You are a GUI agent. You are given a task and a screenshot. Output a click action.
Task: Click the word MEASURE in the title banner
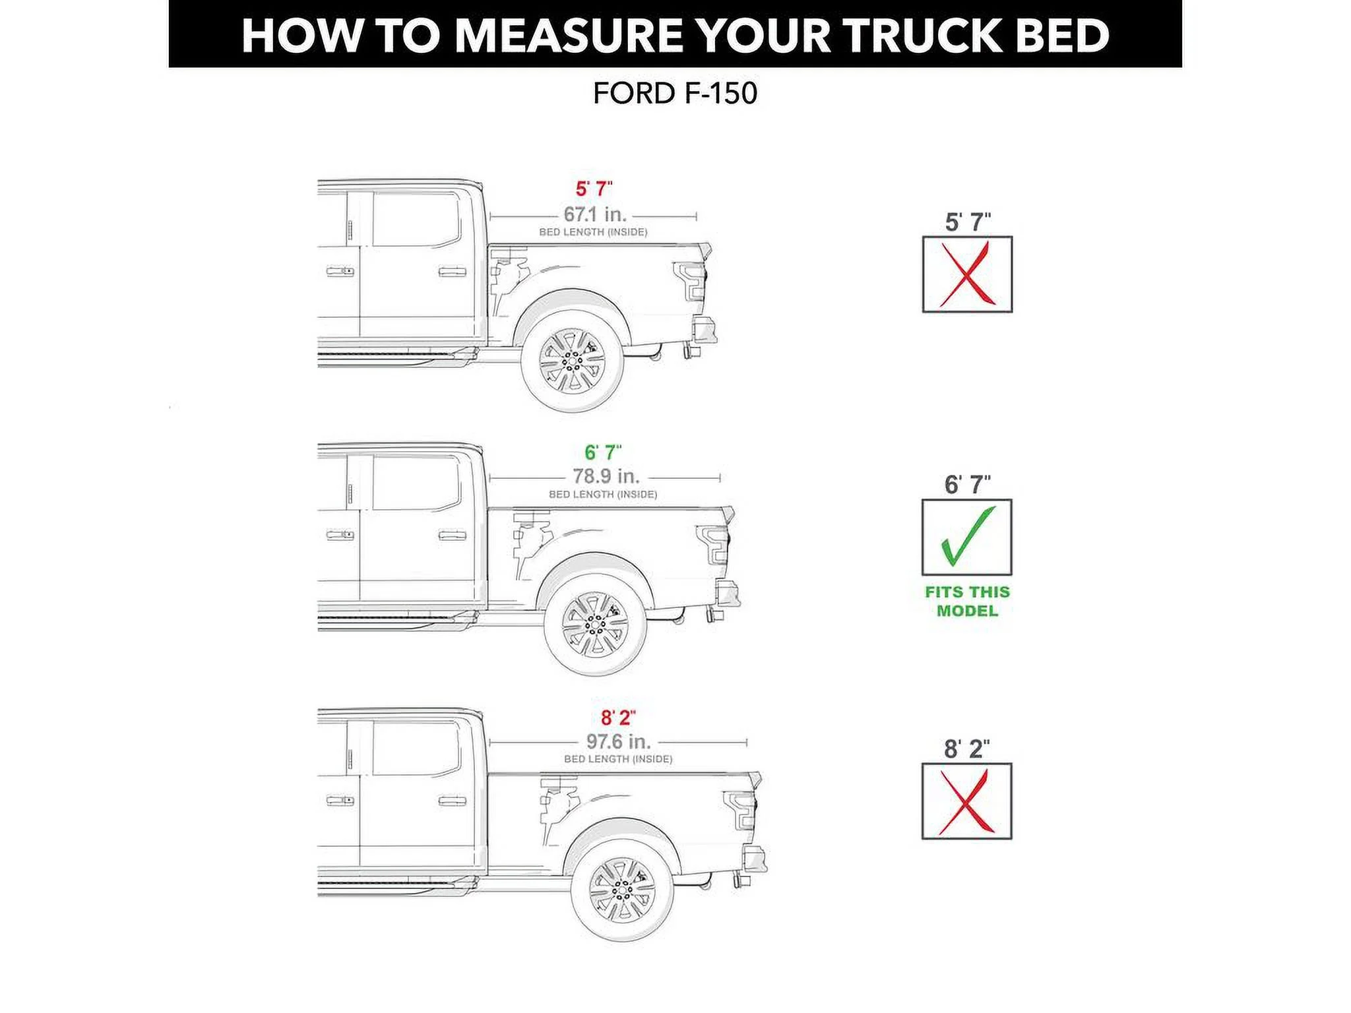[569, 36]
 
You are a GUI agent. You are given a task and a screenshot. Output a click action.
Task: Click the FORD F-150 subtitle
[675, 94]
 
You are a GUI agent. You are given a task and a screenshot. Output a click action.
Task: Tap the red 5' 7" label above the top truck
[594, 189]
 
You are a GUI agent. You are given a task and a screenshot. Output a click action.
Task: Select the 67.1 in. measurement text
[595, 214]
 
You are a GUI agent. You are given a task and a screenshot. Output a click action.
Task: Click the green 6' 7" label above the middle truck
[603, 453]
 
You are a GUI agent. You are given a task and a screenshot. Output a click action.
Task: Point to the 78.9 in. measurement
[606, 476]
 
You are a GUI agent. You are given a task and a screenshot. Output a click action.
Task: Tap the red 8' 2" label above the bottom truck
[618, 718]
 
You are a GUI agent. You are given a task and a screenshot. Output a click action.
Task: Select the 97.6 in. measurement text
[619, 741]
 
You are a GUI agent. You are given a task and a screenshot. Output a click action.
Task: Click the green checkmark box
[966, 537]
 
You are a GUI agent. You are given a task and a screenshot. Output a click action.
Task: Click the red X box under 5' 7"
[967, 274]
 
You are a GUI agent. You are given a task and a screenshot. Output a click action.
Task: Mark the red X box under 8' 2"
[966, 801]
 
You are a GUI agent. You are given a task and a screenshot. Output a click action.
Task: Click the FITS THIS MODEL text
[967, 601]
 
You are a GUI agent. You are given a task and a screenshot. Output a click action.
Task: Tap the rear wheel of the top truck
[572, 361]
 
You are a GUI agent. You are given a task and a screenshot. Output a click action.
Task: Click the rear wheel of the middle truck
[595, 624]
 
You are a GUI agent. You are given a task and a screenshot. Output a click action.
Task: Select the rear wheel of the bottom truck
[622, 890]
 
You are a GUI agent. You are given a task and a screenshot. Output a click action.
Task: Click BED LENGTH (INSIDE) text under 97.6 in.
[618, 759]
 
